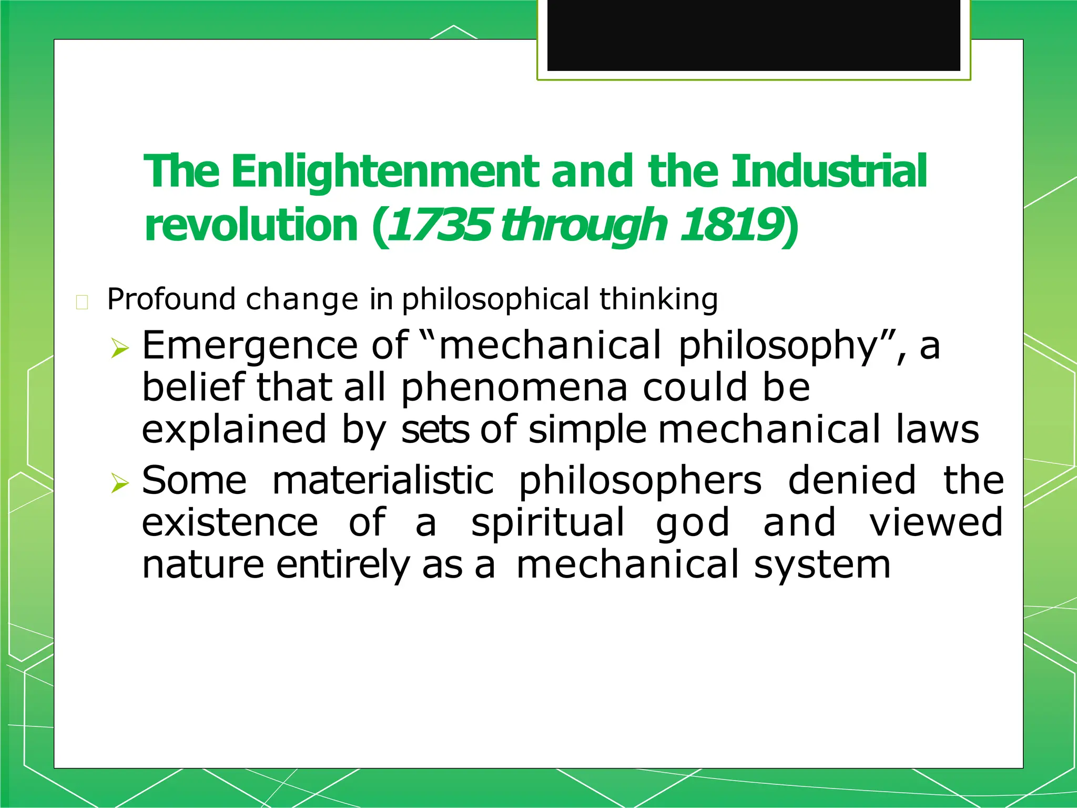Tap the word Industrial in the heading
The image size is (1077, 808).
point(829,172)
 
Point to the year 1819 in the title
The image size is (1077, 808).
point(731,226)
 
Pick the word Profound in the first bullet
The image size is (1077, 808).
point(171,299)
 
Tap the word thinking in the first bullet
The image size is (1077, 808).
point(658,299)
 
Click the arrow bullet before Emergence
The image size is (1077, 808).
point(120,348)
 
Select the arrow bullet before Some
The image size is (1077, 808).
point(120,483)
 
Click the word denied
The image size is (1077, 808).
point(852,481)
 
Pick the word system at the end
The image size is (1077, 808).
point(822,565)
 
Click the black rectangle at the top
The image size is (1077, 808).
point(754,35)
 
